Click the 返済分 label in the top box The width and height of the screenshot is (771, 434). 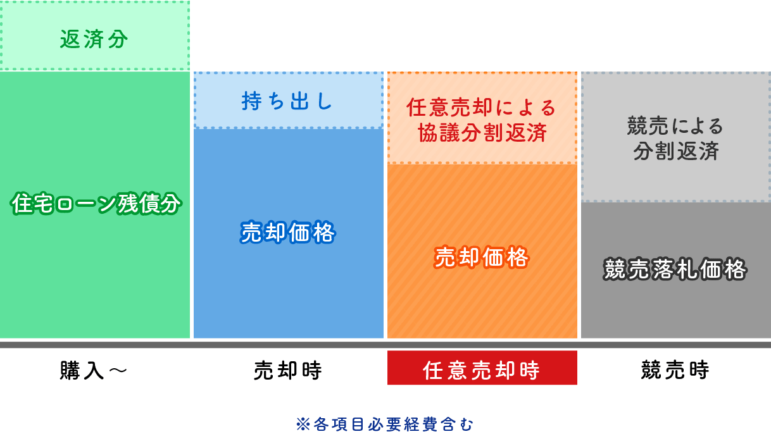pos(94,39)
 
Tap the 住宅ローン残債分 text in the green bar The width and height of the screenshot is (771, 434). pos(96,204)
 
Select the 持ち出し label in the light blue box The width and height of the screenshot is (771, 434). pos(287,101)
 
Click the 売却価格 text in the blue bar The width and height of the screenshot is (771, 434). pos(288,233)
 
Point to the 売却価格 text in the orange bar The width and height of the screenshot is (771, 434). pos(482,257)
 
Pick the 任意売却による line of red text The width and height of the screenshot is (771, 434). pos(482,107)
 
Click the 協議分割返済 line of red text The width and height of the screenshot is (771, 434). pos(482,132)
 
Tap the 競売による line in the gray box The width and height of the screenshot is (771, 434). pos(675,126)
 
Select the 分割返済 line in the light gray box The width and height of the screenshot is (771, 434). pos(675,151)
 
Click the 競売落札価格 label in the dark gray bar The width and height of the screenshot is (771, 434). pos(675,270)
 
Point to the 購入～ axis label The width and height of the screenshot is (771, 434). pos(94,370)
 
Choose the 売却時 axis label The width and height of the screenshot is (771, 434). pos(288,370)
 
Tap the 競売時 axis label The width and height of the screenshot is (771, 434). pos(675,370)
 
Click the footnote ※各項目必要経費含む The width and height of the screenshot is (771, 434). pos(385,423)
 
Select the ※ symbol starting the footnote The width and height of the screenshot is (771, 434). pos(302,423)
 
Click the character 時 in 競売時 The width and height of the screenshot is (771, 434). pos(699,370)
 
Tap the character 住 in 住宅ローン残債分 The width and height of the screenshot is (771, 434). pos(21,204)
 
